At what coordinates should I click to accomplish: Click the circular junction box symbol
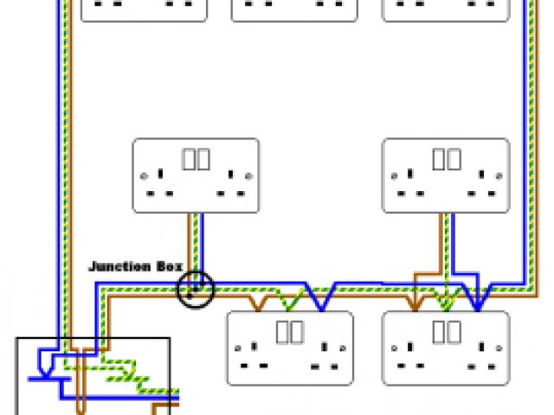(x=195, y=289)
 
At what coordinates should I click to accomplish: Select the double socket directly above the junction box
(x=196, y=175)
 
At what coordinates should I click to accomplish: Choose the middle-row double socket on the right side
(x=446, y=175)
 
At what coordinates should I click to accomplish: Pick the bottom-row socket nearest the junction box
(x=290, y=348)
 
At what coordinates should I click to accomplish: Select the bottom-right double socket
(x=446, y=348)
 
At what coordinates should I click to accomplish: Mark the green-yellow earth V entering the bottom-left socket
(x=292, y=302)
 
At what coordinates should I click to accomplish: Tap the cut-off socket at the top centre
(x=294, y=9)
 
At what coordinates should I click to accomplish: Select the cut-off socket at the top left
(x=145, y=9)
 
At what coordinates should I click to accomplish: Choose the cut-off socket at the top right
(x=445, y=9)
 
